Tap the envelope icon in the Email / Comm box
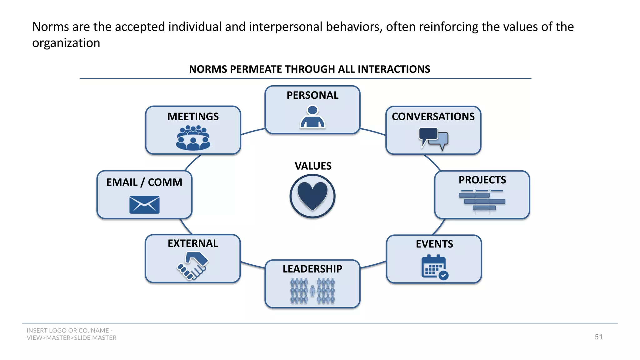tap(144, 205)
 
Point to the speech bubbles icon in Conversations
tap(433, 138)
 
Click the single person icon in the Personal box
tap(312, 117)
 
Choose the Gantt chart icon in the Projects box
tap(482, 200)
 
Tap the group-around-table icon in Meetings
tap(193, 138)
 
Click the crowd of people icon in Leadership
tap(312, 291)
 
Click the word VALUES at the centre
tap(313, 166)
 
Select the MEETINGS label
tap(193, 117)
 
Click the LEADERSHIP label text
tap(312, 269)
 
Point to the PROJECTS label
tap(482, 180)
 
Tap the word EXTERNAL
tap(192, 243)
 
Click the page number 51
tap(598, 337)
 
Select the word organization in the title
tap(66, 43)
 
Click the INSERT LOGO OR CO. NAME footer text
tap(69, 330)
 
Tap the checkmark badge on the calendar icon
tap(443, 275)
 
